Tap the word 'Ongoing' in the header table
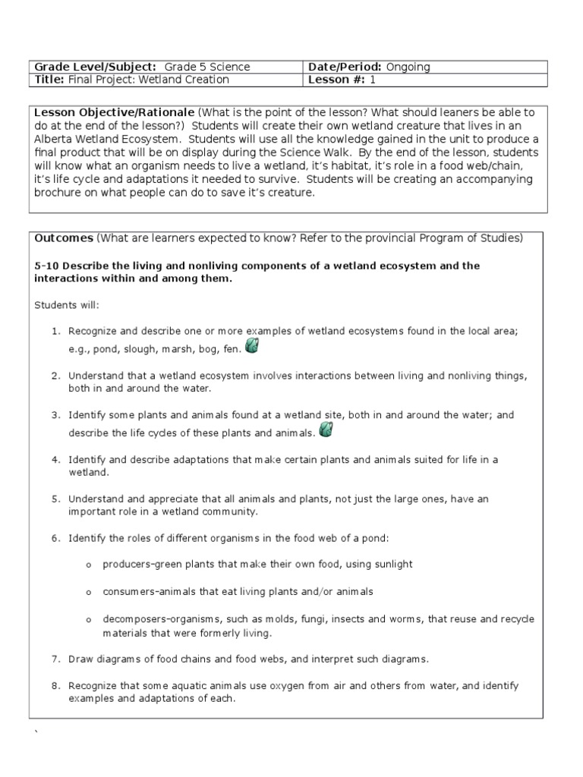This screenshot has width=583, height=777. click(x=408, y=67)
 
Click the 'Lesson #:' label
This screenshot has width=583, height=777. click(x=334, y=80)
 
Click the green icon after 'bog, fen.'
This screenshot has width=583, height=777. click(x=253, y=346)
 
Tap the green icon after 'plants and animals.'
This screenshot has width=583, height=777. click(x=326, y=430)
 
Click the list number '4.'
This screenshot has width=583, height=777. click(x=55, y=460)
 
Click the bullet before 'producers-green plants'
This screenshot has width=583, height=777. click(x=88, y=566)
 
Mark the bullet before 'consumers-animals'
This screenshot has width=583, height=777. click(x=88, y=592)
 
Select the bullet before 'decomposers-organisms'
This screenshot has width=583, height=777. click(x=88, y=620)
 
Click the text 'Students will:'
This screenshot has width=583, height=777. click(x=66, y=305)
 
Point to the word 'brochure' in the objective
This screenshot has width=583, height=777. click(x=55, y=192)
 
